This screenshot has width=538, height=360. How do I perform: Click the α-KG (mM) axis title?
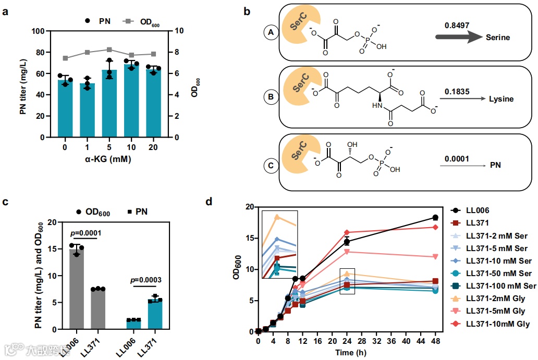click(108, 159)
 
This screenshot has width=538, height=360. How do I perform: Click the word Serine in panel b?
click(498, 38)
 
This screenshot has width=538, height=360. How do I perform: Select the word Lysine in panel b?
click(501, 99)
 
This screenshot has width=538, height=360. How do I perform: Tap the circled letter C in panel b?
click(270, 167)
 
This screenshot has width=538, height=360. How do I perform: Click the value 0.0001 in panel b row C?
click(457, 158)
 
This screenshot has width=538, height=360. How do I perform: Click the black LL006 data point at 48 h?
click(435, 218)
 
